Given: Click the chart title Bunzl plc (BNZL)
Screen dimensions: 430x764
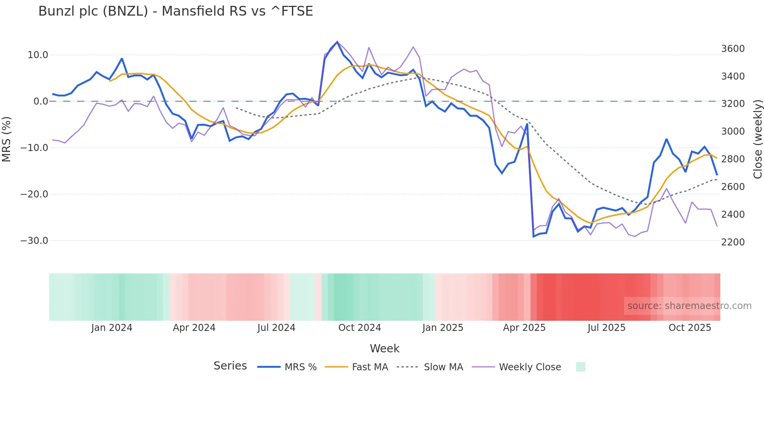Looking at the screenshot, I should pyautogui.click(x=175, y=11).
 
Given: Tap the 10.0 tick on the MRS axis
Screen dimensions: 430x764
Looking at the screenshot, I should pyautogui.click(x=38, y=55).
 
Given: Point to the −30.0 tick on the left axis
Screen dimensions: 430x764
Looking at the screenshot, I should pyautogui.click(x=34, y=241).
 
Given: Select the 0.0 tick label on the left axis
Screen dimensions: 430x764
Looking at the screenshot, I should pyautogui.click(x=41, y=101).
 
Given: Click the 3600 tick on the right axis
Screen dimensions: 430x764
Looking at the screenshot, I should pyautogui.click(x=733, y=49).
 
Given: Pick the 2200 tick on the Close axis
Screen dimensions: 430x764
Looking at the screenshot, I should pyautogui.click(x=733, y=242).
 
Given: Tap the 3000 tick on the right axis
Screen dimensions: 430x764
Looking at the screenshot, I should pyautogui.click(x=733, y=131).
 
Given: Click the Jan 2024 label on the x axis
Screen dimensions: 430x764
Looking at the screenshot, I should pyautogui.click(x=112, y=328).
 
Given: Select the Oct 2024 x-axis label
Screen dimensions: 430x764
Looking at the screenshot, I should pyautogui.click(x=359, y=328).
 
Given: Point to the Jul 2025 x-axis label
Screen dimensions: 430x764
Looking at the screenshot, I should pyautogui.click(x=607, y=328).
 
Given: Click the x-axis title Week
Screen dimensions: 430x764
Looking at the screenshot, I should pyautogui.click(x=384, y=348).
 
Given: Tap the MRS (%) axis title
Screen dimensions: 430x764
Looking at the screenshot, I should pyautogui.click(x=7, y=139).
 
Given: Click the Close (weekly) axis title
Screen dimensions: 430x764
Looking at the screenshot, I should pyautogui.click(x=757, y=139).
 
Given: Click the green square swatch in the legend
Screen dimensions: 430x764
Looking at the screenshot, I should pyautogui.click(x=580, y=367).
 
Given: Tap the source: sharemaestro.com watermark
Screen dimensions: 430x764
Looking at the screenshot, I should pyautogui.click(x=689, y=306).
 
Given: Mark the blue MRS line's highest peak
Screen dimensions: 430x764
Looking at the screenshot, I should pyautogui.click(x=337, y=42).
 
